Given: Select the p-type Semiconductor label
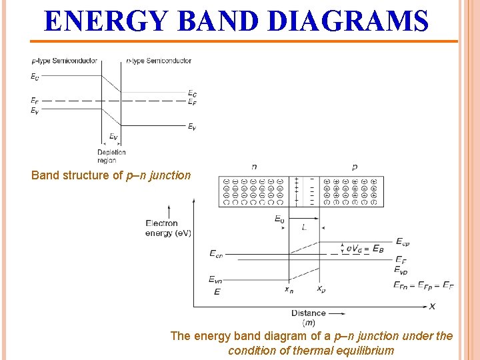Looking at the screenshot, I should pyautogui.click(x=64, y=61).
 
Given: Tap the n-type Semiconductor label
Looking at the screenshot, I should pyautogui.click(x=159, y=61).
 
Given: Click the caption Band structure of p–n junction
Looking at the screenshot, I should pyautogui.click(x=111, y=176).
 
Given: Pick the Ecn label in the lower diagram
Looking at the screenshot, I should pyautogui.click(x=216, y=253).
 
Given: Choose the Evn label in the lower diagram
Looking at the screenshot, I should pyautogui.click(x=216, y=279).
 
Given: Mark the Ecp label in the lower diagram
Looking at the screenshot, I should pyautogui.click(x=403, y=241).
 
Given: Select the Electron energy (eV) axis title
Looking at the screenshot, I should pyautogui.click(x=161, y=228).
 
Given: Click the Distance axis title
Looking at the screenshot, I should pyautogui.click(x=309, y=313).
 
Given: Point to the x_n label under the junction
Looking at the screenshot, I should pyautogui.click(x=289, y=289).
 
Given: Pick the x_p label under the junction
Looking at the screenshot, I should pyautogui.click(x=321, y=289).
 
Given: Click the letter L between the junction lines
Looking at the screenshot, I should pyautogui.click(x=304, y=227).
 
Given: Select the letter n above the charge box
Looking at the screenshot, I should pyautogui.click(x=254, y=167).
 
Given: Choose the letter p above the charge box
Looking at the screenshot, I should pyautogui.click(x=354, y=167).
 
